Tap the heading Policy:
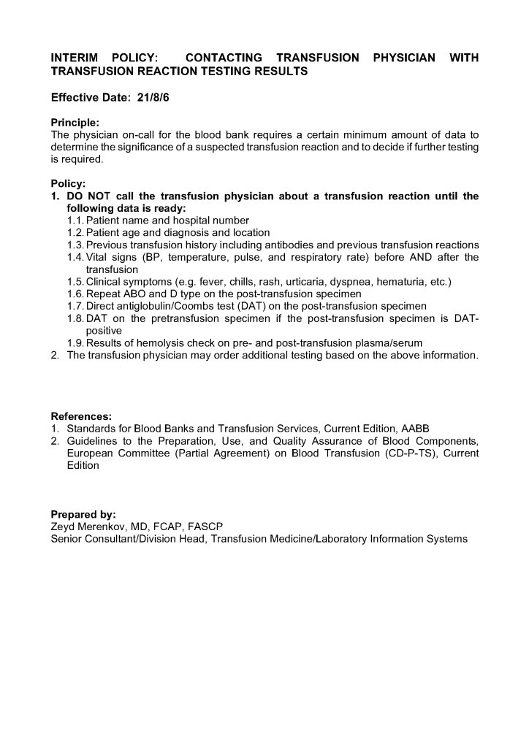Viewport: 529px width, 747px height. (68, 184)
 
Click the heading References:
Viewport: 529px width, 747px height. (81, 416)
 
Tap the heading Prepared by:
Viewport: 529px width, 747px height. (83, 515)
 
